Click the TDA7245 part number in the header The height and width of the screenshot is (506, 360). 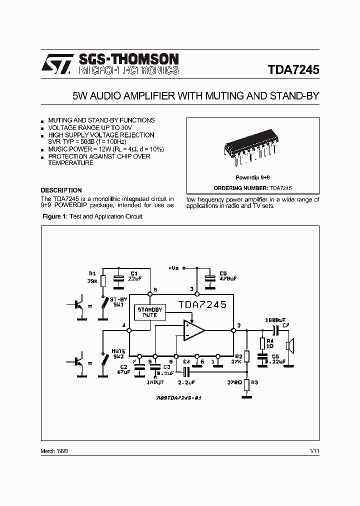[x=293, y=70]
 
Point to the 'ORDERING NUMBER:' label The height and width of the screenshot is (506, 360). [x=241, y=188]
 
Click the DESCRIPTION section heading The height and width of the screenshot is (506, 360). [x=61, y=190]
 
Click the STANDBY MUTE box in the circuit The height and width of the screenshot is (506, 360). [x=150, y=312]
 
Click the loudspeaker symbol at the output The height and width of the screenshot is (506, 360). [x=289, y=345]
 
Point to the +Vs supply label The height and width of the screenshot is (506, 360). [x=174, y=268]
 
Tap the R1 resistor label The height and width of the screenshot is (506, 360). [x=92, y=274]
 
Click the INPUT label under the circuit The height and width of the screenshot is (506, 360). [x=154, y=382]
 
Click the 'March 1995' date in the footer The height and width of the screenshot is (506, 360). [x=54, y=451]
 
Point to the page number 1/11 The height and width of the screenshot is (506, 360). [x=314, y=451]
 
